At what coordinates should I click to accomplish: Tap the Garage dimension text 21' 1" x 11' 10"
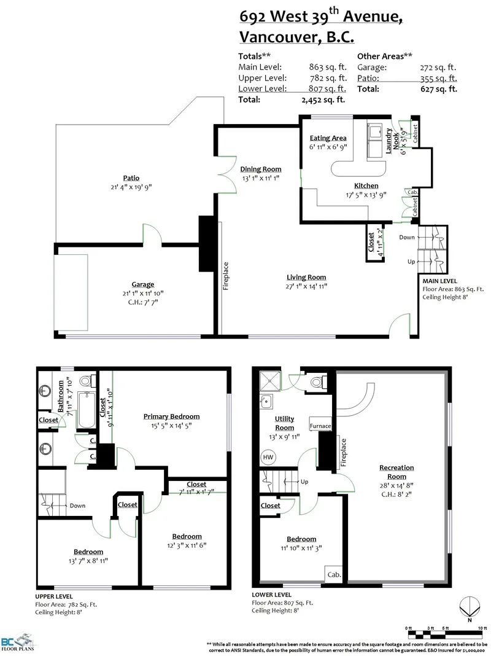tap(142, 293)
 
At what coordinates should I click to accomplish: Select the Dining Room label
tap(260, 169)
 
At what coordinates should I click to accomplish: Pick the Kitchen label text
tap(366, 185)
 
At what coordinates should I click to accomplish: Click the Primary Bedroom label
tap(171, 416)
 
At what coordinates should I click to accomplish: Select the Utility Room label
tap(284, 423)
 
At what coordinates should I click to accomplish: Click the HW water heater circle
tap(268, 457)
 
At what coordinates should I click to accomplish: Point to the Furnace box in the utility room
tap(320, 426)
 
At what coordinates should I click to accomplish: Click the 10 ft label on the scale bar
tap(482, 627)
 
